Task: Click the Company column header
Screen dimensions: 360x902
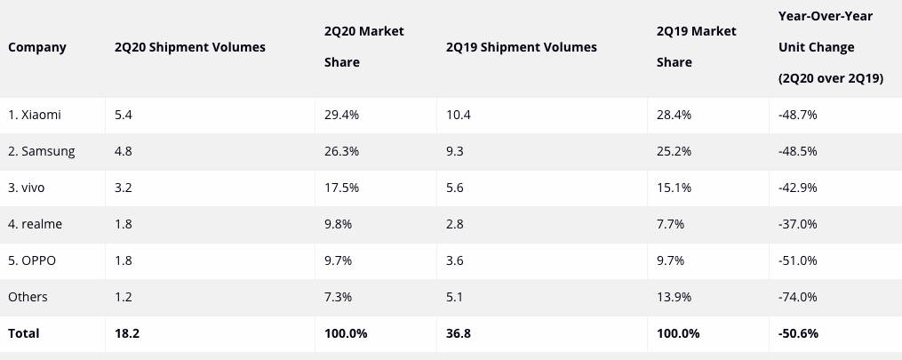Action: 37,47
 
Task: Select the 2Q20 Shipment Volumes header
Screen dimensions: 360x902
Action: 190,47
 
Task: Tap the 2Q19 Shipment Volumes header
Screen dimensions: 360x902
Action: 522,47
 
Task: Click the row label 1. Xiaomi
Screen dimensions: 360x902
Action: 35,116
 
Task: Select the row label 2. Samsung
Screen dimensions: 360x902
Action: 42,152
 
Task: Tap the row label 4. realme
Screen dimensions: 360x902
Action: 35,225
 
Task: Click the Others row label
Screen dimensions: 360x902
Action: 28,297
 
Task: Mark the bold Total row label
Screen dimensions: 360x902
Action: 24,333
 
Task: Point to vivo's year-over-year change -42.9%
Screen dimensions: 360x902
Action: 797,188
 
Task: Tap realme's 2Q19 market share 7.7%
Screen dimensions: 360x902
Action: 670,225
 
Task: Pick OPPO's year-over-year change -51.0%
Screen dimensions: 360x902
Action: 797,261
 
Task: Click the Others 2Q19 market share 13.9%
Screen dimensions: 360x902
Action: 674,297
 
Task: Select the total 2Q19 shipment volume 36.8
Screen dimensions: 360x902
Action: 459,333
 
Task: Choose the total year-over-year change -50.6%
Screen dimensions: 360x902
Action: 797,333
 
